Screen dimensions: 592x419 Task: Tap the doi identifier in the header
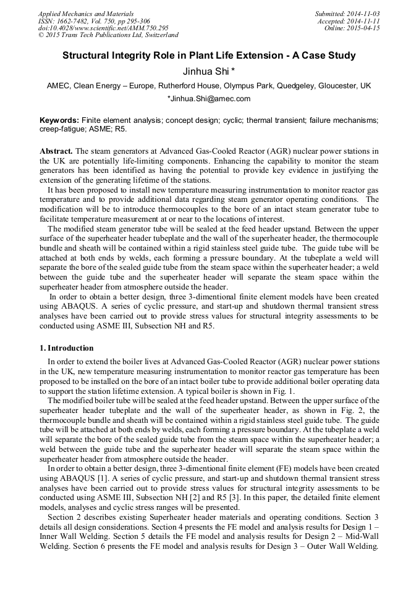103,28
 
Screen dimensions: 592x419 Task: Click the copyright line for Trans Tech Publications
108,35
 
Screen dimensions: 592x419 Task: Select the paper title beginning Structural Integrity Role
209,56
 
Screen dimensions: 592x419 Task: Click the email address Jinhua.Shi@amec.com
209,99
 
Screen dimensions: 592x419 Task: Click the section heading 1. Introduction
67,348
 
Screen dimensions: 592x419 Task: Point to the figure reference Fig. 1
284,391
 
